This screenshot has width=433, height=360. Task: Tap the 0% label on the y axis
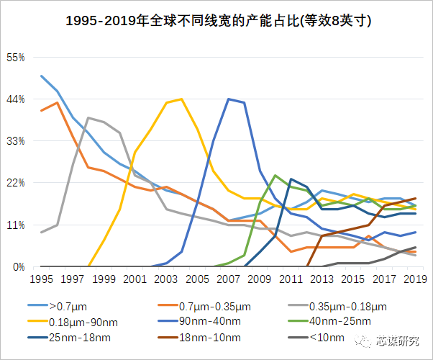click(19, 267)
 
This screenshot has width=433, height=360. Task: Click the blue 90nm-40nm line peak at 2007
click(229, 99)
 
